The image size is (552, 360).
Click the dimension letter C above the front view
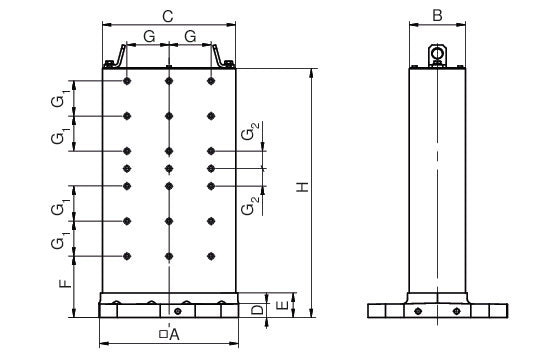[168, 16]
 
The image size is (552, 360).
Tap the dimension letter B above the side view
[437, 15]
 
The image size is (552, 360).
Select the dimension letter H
[302, 187]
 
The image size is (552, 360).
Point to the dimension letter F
[65, 283]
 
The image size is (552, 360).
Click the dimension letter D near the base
[257, 310]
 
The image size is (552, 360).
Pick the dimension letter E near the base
[283, 305]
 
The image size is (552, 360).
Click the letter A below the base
[174, 335]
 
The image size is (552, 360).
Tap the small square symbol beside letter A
[163, 334]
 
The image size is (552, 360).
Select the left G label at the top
[149, 37]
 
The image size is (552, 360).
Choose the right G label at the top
[190, 37]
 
